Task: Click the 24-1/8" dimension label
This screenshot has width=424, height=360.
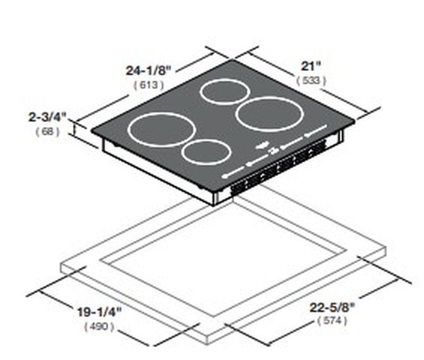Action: click(x=149, y=70)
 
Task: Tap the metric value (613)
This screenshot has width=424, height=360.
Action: click(x=148, y=85)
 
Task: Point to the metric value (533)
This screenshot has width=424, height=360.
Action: click(x=311, y=79)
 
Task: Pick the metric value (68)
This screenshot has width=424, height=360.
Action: click(x=47, y=131)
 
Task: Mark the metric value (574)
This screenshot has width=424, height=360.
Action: click(x=331, y=322)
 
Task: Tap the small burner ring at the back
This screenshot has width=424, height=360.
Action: click(x=225, y=92)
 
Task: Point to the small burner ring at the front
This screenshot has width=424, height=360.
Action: click(x=205, y=152)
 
